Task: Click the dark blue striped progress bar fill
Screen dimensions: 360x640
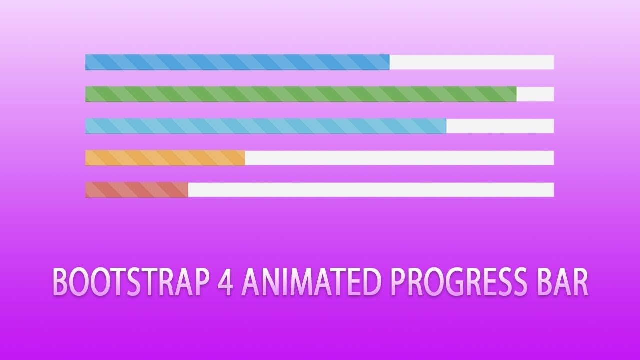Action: (x=237, y=62)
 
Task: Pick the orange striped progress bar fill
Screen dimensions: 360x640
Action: (x=165, y=158)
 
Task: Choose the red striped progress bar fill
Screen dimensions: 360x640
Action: (x=136, y=190)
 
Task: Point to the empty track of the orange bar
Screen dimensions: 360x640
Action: (x=399, y=158)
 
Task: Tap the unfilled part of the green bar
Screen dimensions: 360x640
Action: (x=535, y=94)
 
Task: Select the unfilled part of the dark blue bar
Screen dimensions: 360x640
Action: (x=471, y=62)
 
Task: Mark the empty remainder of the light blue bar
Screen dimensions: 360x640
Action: (x=500, y=126)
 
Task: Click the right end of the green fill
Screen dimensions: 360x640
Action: (x=515, y=94)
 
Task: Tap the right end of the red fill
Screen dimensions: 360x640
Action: (x=186, y=190)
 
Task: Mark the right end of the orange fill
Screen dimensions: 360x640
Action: (x=243, y=158)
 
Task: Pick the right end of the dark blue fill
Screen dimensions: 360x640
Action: (x=388, y=62)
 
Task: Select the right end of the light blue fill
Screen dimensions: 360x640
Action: (x=445, y=126)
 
